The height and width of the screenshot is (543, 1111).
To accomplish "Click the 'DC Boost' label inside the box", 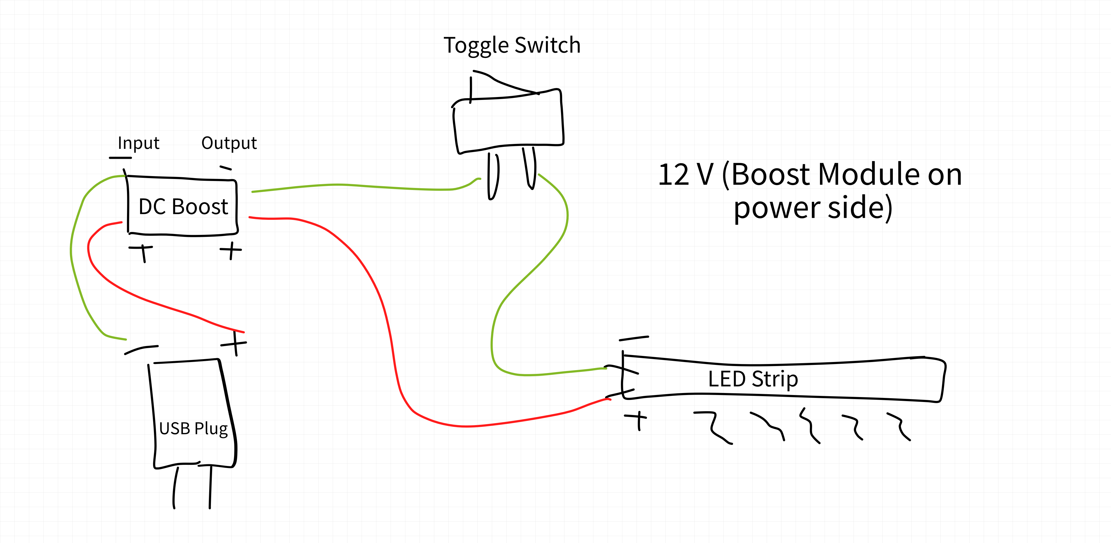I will tap(183, 207).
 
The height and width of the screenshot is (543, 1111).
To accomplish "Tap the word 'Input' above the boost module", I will tap(139, 143).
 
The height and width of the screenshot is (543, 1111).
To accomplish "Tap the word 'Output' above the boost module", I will tap(229, 143).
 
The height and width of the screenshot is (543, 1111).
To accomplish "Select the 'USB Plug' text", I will tap(193, 428).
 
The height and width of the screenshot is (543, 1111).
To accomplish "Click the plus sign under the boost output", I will tap(231, 250).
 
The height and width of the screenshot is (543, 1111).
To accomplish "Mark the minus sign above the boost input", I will tap(120, 158).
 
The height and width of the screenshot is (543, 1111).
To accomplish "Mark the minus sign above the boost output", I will tap(226, 167).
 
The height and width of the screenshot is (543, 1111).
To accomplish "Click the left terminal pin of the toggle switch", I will tap(493, 177).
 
